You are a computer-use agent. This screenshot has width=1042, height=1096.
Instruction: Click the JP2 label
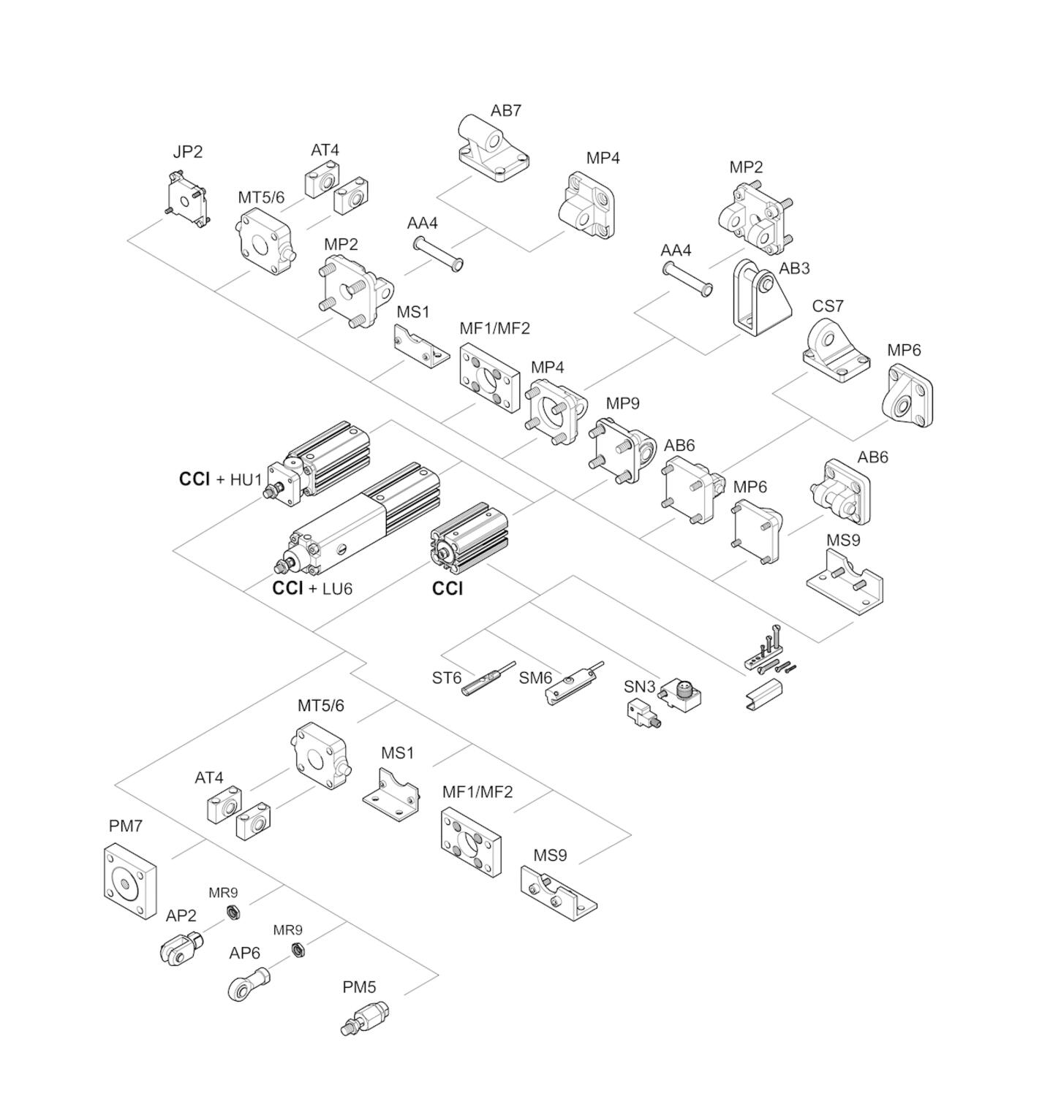point(187,152)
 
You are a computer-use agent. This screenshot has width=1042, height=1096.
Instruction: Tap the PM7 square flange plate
point(129,881)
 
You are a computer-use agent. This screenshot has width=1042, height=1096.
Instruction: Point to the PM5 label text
point(359,987)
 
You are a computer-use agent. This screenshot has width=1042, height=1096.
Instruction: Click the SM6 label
point(535,678)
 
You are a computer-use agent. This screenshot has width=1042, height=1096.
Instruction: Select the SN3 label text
point(639,687)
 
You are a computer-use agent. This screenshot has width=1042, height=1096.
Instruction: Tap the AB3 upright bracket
point(759,300)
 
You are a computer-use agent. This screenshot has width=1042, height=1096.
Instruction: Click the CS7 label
point(827,306)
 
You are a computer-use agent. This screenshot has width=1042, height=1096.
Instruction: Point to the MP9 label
point(622,403)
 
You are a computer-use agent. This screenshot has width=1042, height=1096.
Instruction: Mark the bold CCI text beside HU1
point(195,479)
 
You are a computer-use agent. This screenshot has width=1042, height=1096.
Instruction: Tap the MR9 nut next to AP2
point(233,913)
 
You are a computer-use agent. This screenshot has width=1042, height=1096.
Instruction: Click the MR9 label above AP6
point(287,930)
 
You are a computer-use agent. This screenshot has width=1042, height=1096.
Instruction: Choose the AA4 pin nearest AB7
point(439,253)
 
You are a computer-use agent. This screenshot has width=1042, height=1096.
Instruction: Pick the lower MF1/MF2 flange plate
point(472,842)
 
